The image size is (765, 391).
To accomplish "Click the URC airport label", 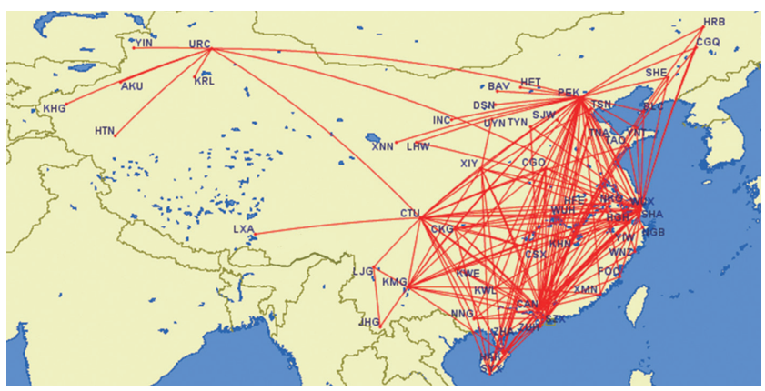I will (199, 44).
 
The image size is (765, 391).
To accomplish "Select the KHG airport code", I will (55, 109).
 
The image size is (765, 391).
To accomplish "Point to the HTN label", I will (105, 131).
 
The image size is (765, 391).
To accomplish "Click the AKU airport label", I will (132, 86).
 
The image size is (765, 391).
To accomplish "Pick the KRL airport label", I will (205, 81).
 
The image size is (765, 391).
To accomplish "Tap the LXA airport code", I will (244, 229).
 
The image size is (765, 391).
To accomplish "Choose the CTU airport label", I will (410, 215).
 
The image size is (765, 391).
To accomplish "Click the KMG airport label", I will (394, 282).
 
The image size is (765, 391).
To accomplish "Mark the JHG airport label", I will (369, 322).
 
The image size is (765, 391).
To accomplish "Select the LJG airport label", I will (363, 271).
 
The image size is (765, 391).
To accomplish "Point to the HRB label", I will (715, 22).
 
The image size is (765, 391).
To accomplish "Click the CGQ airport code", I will (708, 42).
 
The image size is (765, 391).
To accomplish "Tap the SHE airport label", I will (656, 72).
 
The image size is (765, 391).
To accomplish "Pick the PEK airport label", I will (568, 92).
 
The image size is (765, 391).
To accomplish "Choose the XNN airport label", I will (382, 146).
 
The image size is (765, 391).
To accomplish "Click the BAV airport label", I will (498, 87).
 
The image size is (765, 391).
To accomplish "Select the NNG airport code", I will (462, 314).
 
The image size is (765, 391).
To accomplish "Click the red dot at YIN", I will (133, 47).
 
